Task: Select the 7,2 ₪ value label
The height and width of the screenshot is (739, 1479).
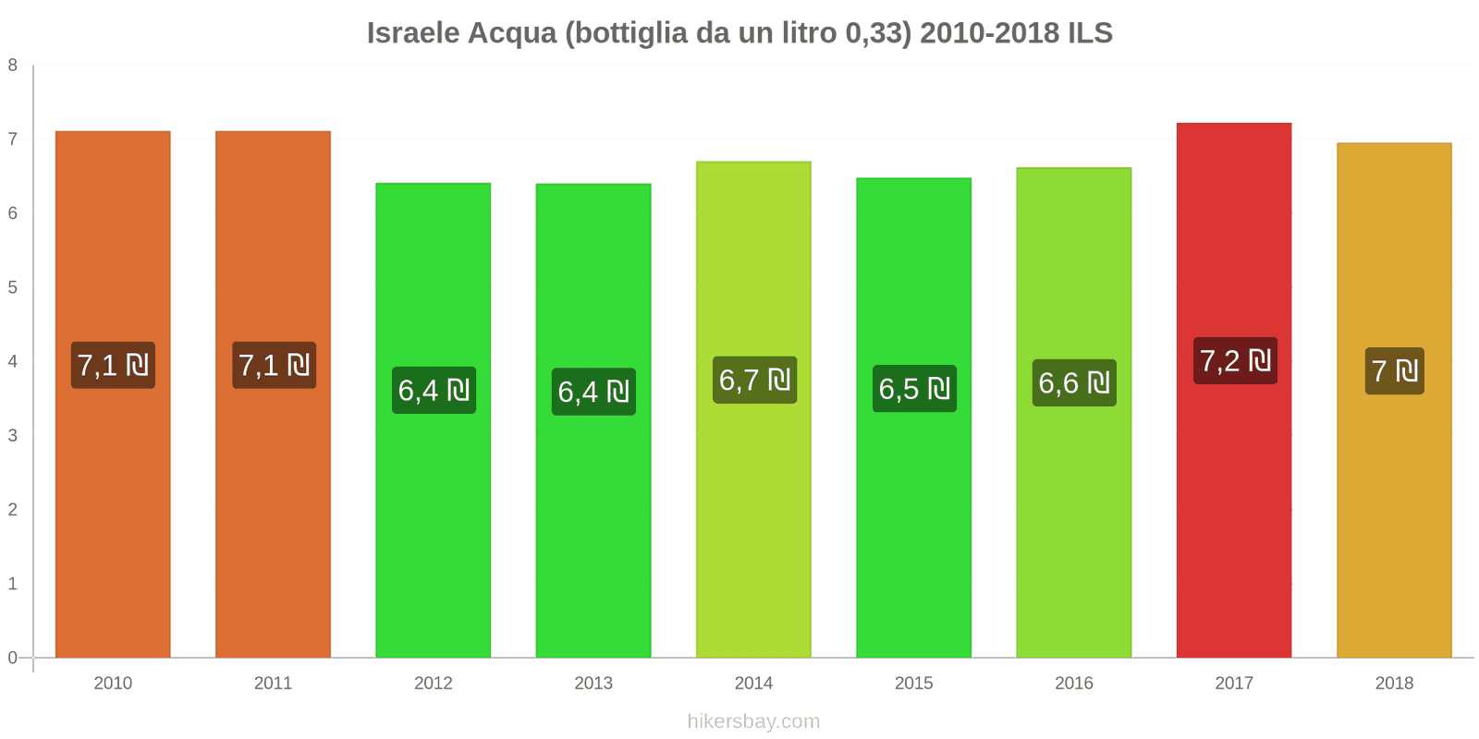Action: (x=1235, y=360)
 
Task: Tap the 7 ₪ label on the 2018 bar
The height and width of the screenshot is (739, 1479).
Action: (x=1394, y=371)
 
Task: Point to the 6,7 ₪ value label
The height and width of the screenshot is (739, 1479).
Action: (x=754, y=380)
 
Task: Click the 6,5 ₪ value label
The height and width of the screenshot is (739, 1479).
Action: (x=914, y=389)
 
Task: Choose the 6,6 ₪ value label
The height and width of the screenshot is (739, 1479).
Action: (x=1074, y=382)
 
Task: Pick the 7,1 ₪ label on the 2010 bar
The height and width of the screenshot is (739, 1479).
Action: (x=113, y=365)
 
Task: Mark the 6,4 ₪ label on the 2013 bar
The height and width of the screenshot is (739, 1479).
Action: (x=593, y=392)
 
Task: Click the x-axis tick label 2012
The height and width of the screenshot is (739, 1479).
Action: (x=434, y=684)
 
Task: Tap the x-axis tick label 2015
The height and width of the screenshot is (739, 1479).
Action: (x=914, y=684)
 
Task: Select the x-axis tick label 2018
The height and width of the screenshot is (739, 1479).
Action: (x=1394, y=684)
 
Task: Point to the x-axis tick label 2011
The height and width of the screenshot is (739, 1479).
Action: (x=273, y=684)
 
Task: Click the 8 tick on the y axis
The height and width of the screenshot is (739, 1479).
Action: (x=13, y=65)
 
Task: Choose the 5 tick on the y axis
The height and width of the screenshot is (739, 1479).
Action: (x=13, y=287)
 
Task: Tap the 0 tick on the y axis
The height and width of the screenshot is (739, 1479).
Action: (x=13, y=658)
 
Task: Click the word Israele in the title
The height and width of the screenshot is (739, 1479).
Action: (x=413, y=33)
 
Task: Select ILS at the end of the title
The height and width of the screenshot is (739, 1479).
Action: (x=1090, y=33)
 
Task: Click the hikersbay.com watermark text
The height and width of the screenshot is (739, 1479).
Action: (x=753, y=721)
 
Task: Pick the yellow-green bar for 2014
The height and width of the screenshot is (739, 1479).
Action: (x=753, y=517)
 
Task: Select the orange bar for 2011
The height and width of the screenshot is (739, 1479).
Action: (x=273, y=517)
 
